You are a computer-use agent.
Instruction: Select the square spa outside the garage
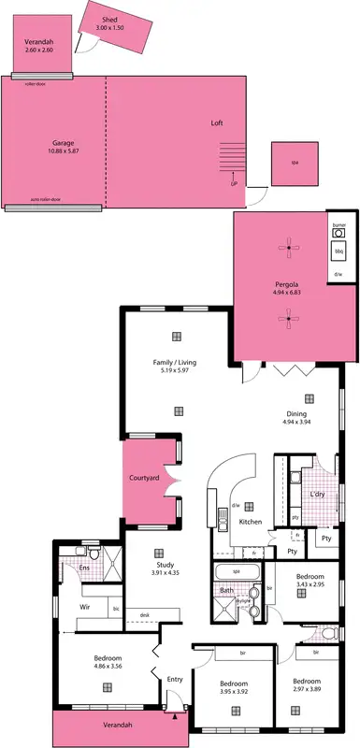point(294,164)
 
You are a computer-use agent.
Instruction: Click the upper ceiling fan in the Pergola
point(289,247)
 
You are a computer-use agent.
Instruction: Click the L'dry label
point(316,493)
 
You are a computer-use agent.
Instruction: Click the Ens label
point(83,568)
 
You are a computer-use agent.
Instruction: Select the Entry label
point(175,680)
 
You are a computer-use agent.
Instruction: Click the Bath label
point(226,590)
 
